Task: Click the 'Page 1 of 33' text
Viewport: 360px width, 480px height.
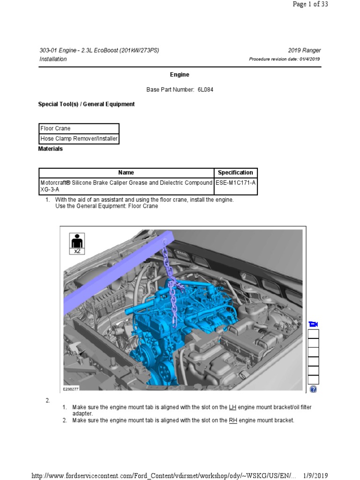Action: tap(310, 4)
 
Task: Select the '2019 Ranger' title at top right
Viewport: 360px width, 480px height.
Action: tap(305, 51)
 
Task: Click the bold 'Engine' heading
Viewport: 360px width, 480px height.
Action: tap(180, 75)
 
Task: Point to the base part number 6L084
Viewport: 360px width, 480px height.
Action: tap(202, 90)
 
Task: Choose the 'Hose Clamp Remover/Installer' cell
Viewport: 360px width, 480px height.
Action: tap(79, 139)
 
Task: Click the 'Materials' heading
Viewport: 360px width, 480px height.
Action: tap(50, 149)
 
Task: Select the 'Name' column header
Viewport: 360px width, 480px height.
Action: tap(126, 172)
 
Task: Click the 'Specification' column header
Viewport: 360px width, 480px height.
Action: tap(235, 172)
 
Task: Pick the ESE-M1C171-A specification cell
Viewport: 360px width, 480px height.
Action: tap(235, 183)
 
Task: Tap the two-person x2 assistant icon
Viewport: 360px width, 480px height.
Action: tap(77, 244)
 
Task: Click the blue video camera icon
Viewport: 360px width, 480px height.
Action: tap(313, 324)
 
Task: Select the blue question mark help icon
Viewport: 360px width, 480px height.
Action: tap(313, 389)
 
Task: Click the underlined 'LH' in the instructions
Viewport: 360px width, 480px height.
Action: tap(232, 407)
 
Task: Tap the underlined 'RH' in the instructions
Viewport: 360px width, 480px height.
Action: tap(233, 420)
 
